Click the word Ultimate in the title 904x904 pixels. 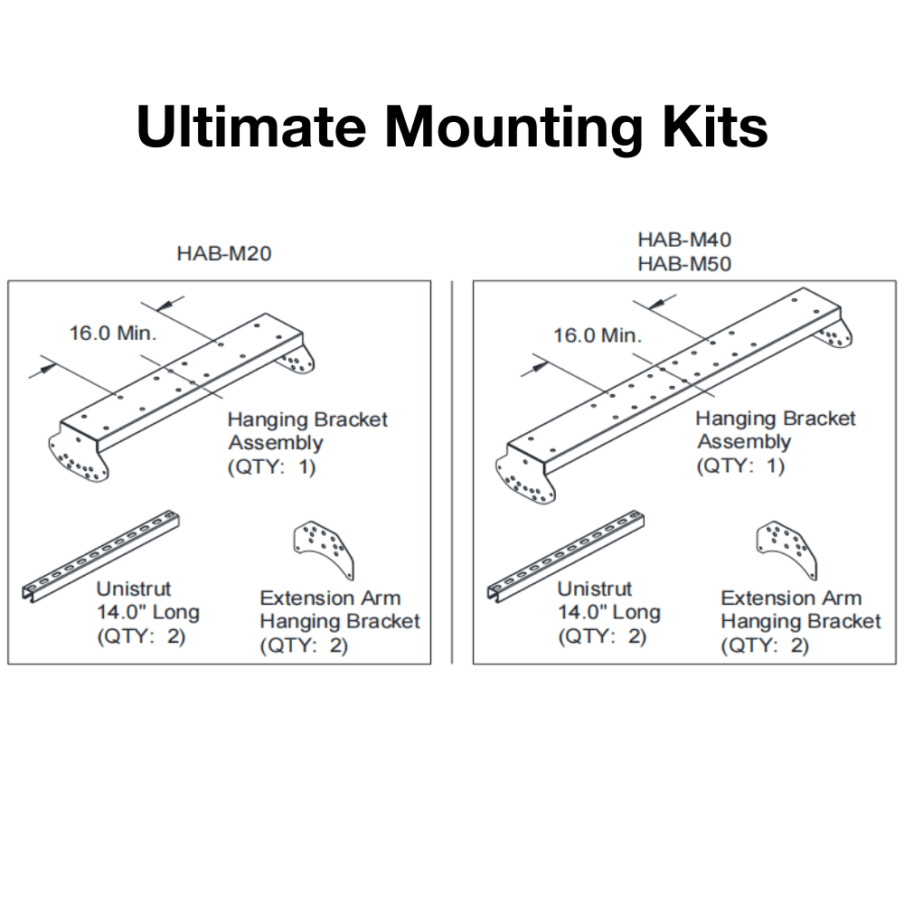point(250,127)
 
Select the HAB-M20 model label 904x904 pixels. point(223,254)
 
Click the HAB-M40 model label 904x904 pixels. point(684,240)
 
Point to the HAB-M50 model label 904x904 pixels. point(684,264)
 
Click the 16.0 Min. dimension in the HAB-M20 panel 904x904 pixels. point(113,333)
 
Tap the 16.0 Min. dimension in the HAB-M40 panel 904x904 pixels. point(598,335)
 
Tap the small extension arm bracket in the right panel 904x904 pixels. point(786,548)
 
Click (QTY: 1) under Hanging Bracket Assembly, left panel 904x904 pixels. point(271,467)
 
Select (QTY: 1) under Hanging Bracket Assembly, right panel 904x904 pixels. point(740,466)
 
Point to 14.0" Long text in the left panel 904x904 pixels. point(148,612)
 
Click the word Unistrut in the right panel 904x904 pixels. point(594,589)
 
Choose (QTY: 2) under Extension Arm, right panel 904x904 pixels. point(765,645)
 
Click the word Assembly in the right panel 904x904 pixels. point(744,442)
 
